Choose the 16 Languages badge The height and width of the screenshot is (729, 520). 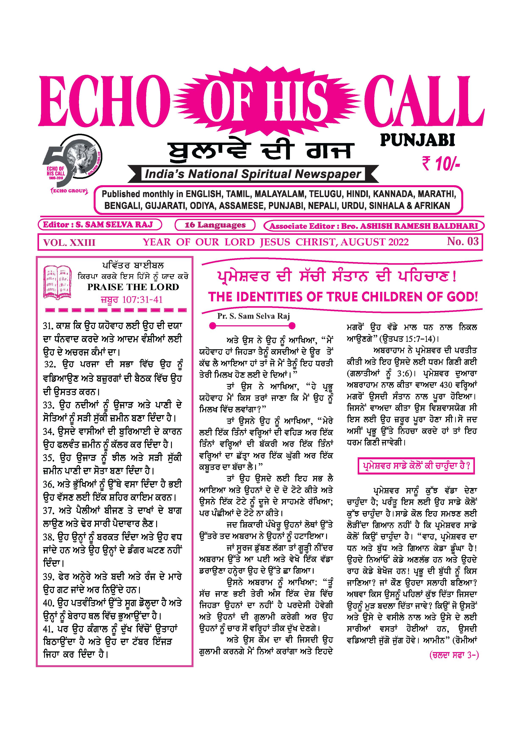point(215,225)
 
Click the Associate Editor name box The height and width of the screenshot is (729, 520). point(373,226)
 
